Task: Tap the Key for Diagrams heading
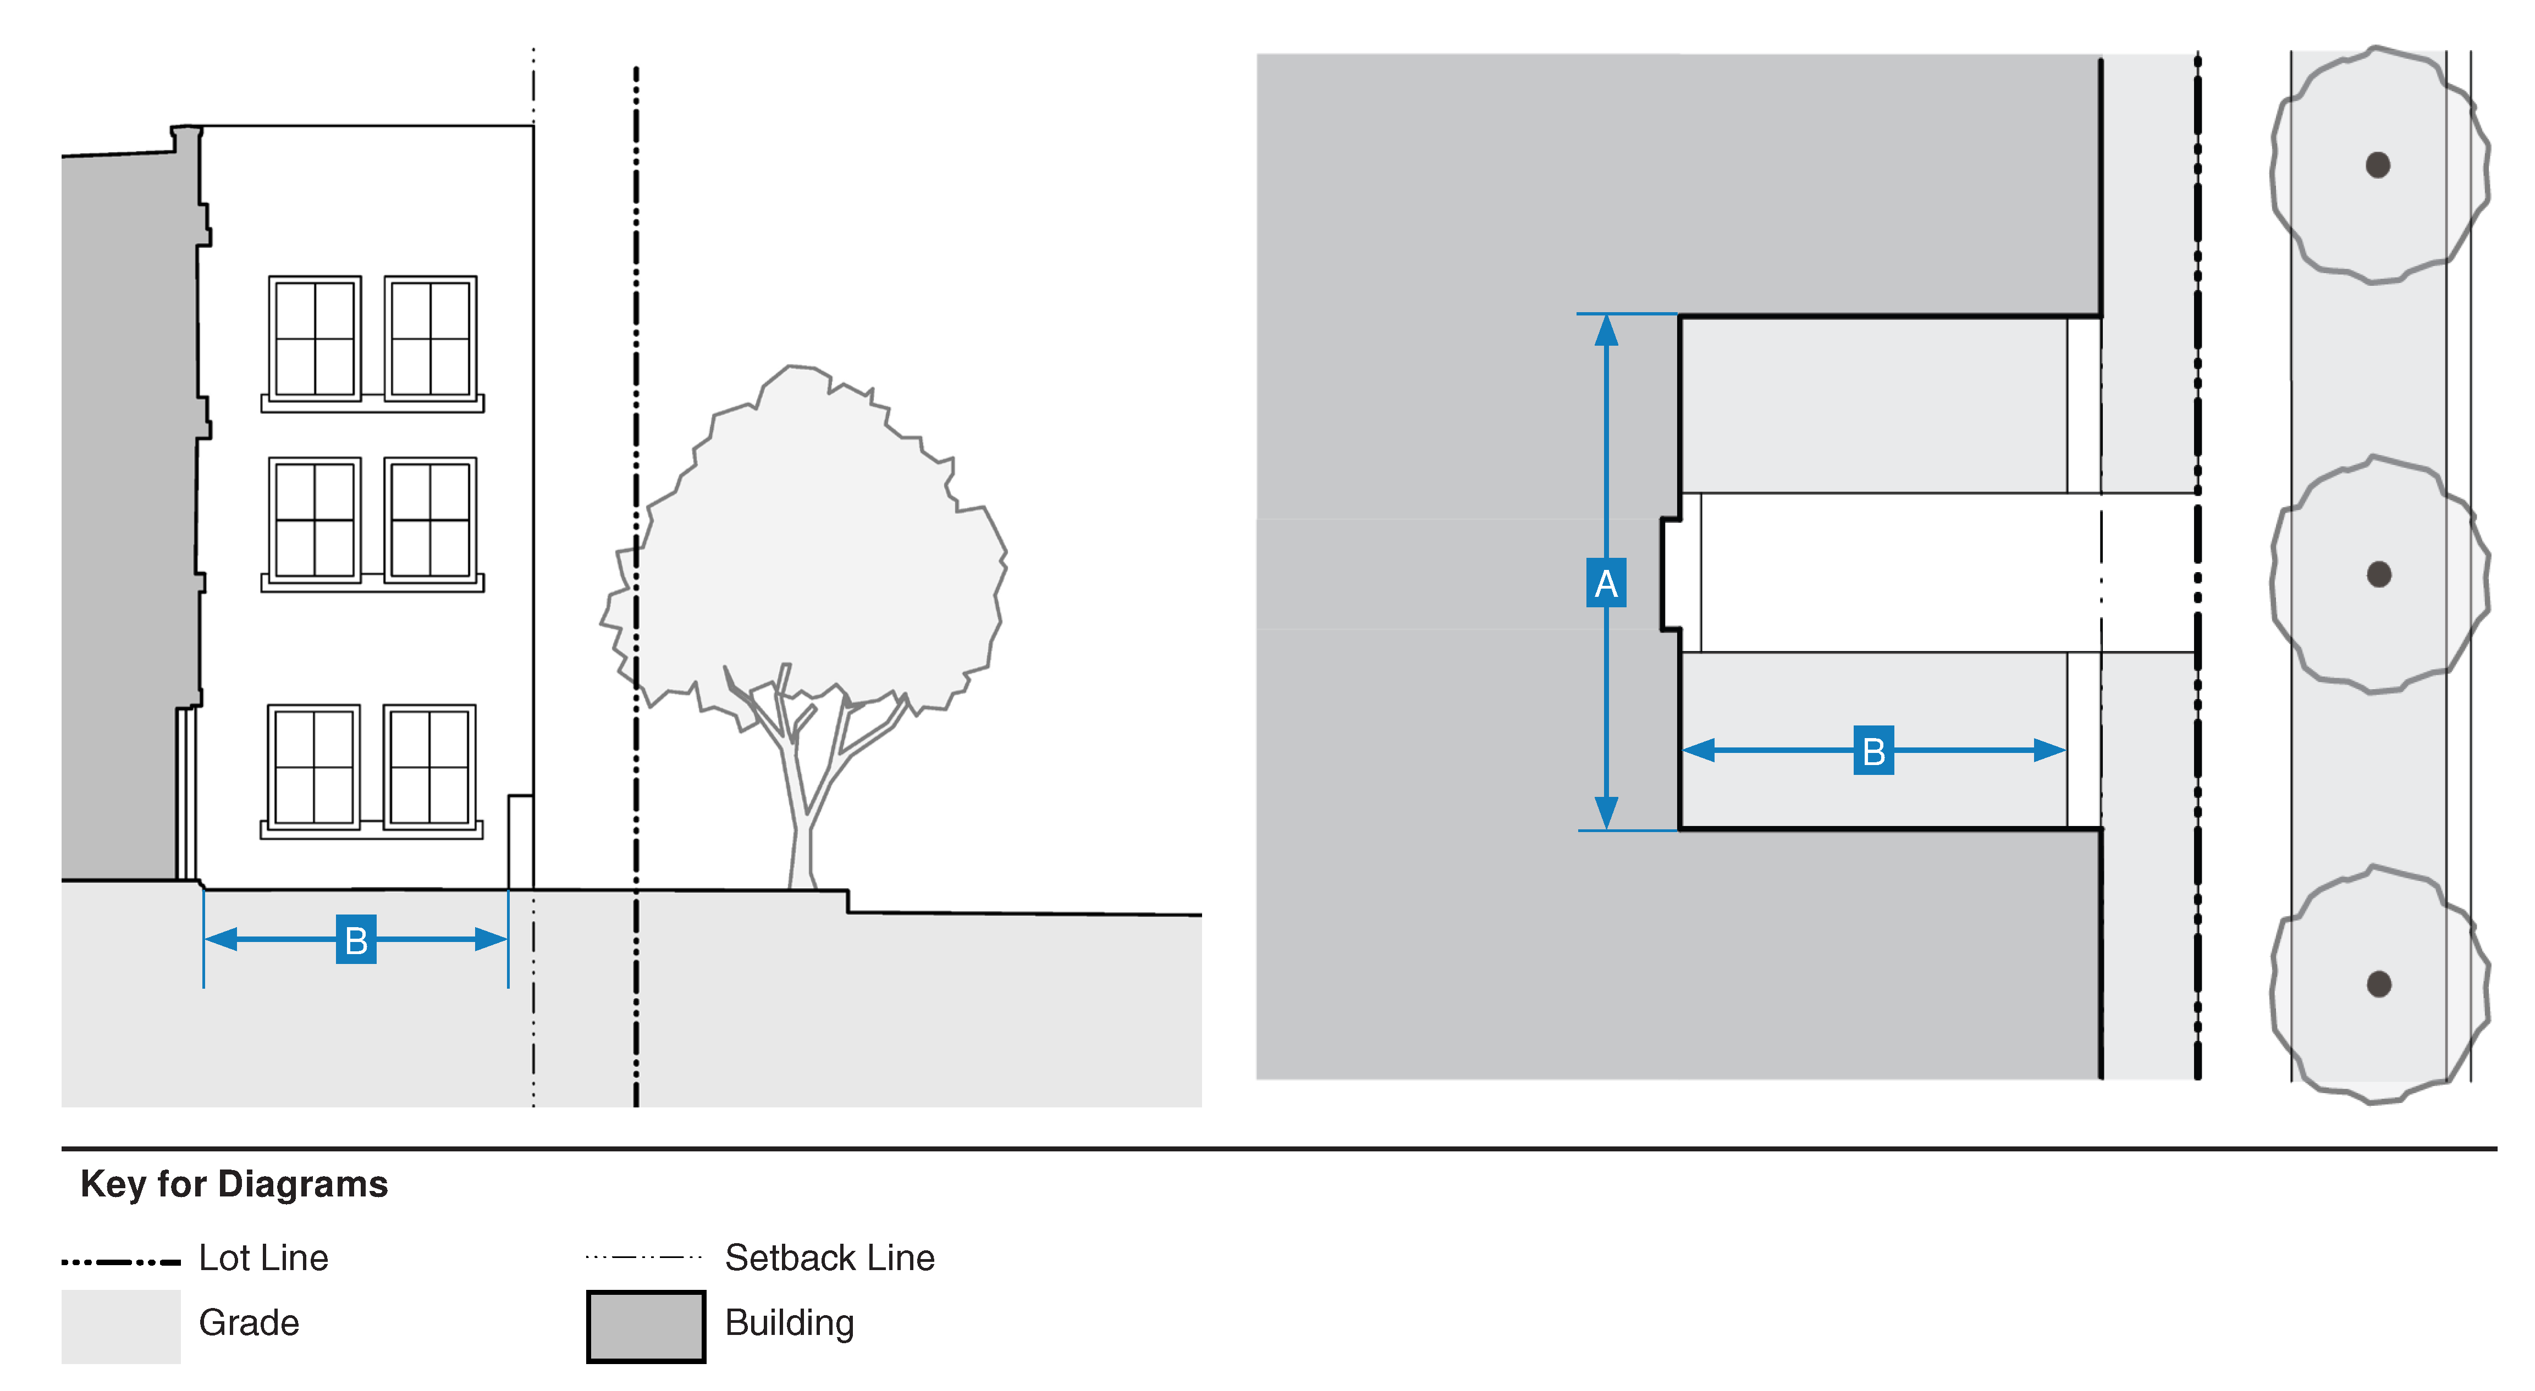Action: coord(234,1183)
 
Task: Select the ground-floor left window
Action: coord(314,766)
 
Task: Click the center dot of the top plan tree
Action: coord(2378,165)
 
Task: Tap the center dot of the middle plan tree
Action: coord(2378,574)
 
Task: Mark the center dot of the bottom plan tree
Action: coord(2378,984)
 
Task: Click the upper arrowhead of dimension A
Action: coord(1606,330)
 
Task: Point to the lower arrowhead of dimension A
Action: coord(1606,813)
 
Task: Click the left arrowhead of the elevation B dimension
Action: coord(221,939)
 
